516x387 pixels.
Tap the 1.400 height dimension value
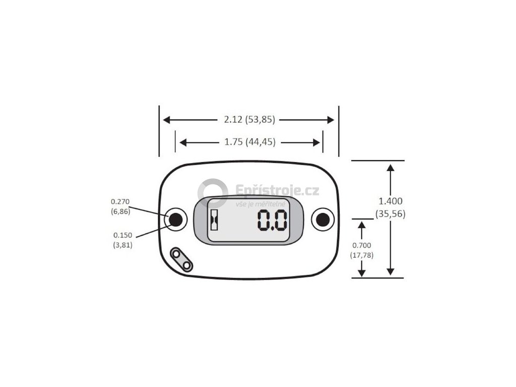tap(390, 201)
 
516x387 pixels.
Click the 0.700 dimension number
tap(361, 245)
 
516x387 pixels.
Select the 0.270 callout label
tap(120, 202)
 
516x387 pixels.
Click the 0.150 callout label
tap(122, 235)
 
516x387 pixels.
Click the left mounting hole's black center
tap(175, 219)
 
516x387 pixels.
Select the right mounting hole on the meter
tap(322, 219)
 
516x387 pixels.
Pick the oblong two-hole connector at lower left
tap(181, 260)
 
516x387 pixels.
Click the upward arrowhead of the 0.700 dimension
tap(361, 225)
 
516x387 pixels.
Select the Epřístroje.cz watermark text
tap(277, 190)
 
